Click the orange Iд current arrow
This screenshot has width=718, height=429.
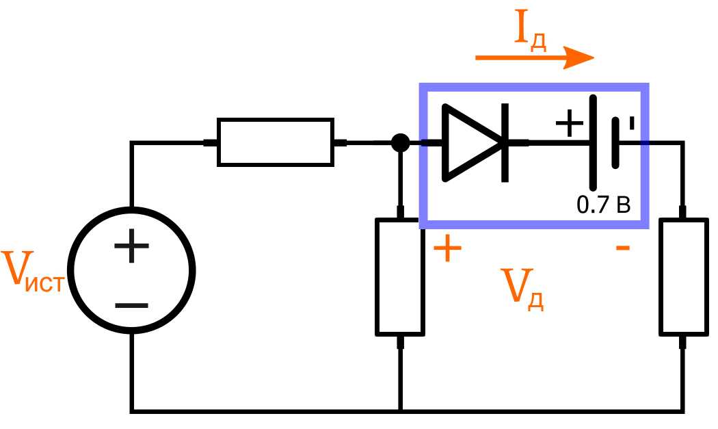coord(533,59)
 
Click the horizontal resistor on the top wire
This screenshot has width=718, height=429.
coord(276,142)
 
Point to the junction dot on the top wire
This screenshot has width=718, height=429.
coord(400,143)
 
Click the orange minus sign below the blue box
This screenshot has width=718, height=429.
coord(622,248)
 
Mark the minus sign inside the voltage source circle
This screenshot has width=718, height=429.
coord(131,304)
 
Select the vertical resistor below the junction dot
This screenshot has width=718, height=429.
coord(400,277)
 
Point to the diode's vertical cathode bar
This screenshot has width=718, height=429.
coord(505,143)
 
